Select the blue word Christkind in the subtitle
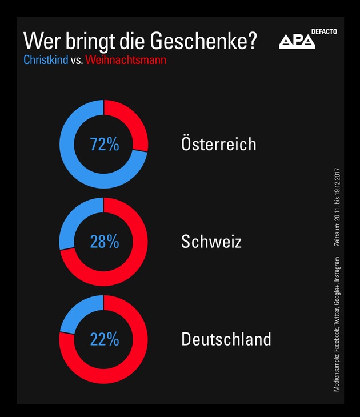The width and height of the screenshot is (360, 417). click(x=46, y=59)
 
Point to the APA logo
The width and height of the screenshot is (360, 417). click(x=297, y=41)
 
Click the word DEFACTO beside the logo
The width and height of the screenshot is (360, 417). click(x=325, y=31)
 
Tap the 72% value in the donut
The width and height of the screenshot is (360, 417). click(x=105, y=145)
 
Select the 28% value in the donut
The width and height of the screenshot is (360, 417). click(x=105, y=242)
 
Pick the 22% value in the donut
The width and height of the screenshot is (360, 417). click(x=105, y=339)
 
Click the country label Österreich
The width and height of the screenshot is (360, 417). click(x=218, y=143)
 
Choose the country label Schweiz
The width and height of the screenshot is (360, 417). click(x=211, y=242)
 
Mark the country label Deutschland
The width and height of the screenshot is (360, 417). click(x=226, y=339)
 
